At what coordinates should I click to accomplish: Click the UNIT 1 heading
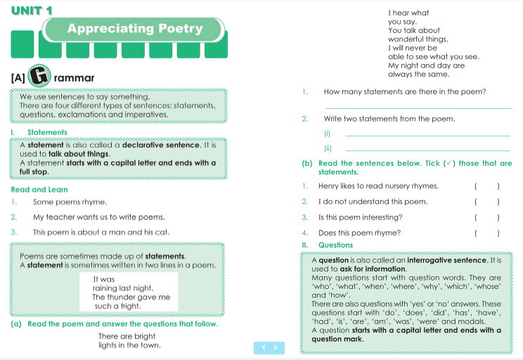tap(32, 11)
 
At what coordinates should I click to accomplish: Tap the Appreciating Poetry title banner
tap(134, 29)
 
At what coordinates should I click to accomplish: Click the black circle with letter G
tap(40, 77)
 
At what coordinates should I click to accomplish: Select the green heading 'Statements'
tap(47, 132)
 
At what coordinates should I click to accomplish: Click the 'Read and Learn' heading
tap(39, 189)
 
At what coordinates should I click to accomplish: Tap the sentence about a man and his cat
tap(101, 232)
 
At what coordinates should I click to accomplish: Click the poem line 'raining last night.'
tap(122, 288)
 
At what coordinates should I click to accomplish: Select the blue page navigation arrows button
tap(269, 347)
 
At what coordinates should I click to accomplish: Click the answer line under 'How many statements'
tap(418, 108)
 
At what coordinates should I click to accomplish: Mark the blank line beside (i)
tap(427, 135)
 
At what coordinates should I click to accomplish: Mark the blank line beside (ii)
tap(427, 150)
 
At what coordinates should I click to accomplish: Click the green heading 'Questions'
tap(335, 245)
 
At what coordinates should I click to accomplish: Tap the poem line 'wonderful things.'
tap(418, 39)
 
